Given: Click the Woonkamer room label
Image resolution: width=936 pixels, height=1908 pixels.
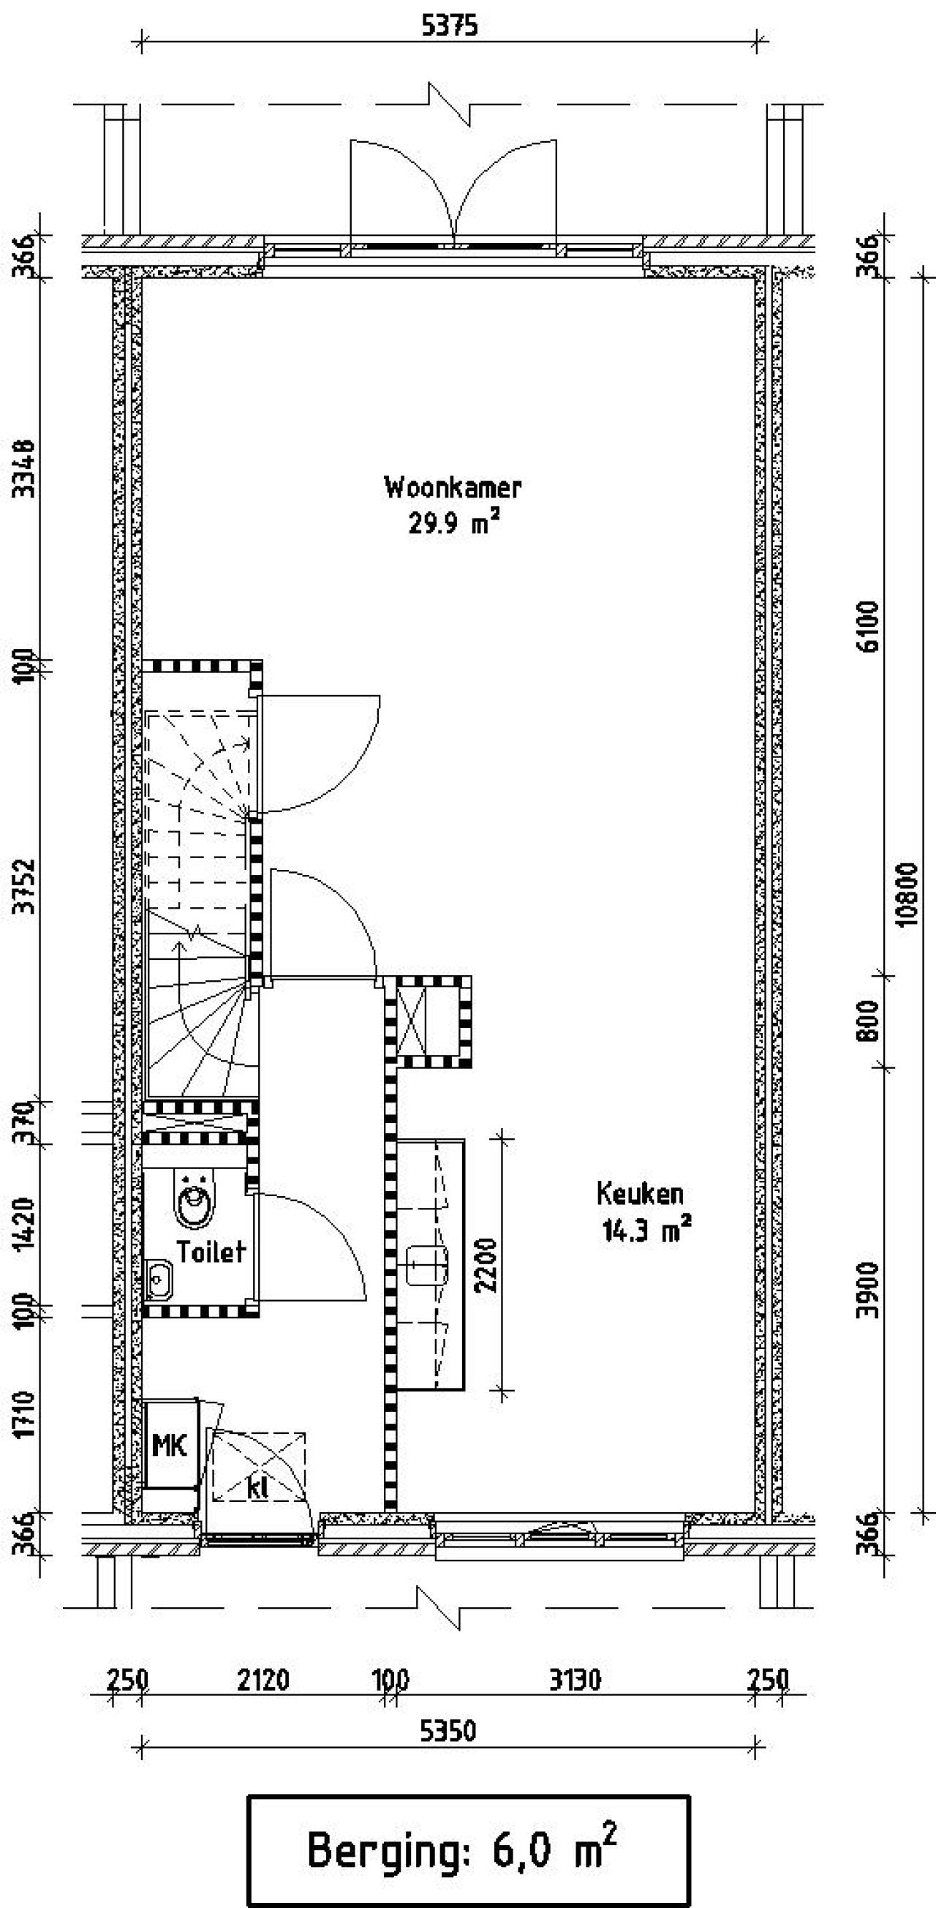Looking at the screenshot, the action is click(x=453, y=488).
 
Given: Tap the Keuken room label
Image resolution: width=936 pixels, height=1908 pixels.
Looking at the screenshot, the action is click(x=640, y=1193).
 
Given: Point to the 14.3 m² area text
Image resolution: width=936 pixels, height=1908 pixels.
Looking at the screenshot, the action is click(x=647, y=1231).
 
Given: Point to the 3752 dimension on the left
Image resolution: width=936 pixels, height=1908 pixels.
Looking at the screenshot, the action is click(x=27, y=887).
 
